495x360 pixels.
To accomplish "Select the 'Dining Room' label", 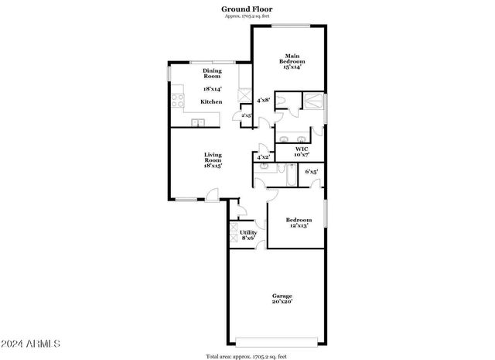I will (x=212, y=74).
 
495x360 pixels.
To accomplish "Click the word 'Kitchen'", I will (x=212, y=101).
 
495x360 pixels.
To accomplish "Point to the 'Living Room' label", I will (x=213, y=157).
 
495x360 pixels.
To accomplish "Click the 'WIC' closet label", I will (x=302, y=149).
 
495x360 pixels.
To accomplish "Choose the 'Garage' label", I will (x=282, y=296).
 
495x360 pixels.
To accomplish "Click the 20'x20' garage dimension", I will (x=282, y=303).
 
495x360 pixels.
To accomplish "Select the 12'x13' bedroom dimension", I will (x=299, y=225).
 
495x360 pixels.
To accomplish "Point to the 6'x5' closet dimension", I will (x=312, y=171).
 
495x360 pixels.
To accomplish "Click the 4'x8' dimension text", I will (x=263, y=100).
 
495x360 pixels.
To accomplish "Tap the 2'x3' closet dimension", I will (x=247, y=115).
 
